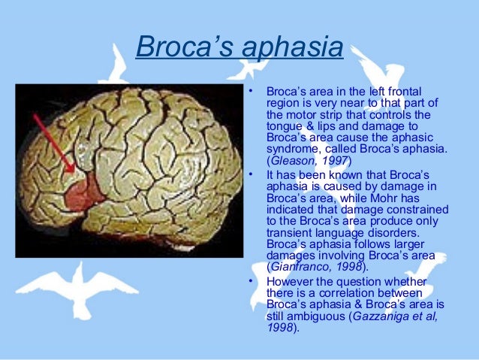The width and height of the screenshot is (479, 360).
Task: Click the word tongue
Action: (x=284, y=126)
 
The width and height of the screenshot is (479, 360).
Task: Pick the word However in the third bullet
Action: (x=290, y=282)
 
